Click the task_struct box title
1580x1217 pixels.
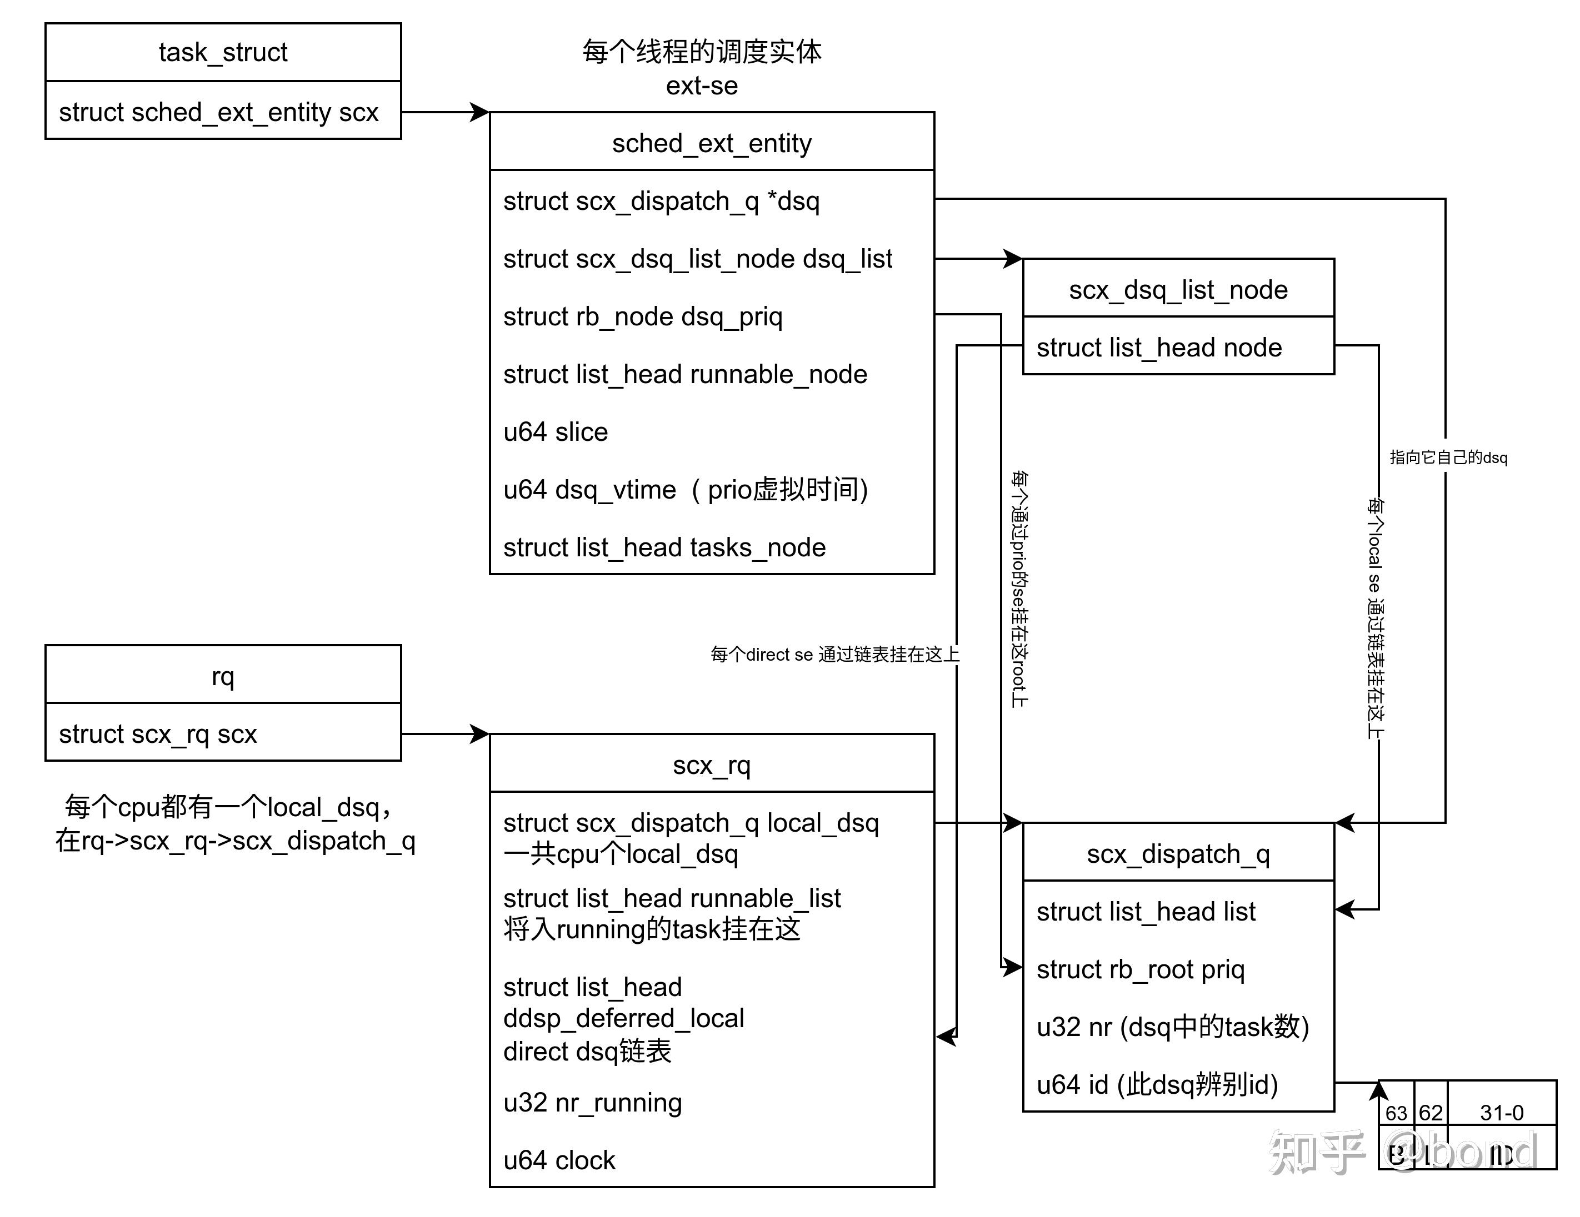coord(223,52)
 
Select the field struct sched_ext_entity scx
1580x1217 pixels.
coord(218,112)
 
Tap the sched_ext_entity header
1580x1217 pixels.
coord(711,143)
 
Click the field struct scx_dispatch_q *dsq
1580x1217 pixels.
coord(661,200)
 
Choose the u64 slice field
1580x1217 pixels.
coord(556,432)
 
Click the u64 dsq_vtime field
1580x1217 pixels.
coord(685,490)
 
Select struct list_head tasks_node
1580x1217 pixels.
coord(664,547)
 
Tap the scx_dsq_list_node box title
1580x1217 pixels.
coord(1178,289)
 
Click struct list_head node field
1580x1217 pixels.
coord(1159,347)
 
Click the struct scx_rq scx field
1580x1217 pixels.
coord(158,733)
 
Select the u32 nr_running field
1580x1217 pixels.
coord(592,1102)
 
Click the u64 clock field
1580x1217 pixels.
coord(559,1160)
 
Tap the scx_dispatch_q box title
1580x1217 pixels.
coord(1178,853)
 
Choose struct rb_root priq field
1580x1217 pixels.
coord(1140,969)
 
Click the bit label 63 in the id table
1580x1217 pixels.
coord(1396,1112)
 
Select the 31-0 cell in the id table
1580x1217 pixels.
coord(1501,1112)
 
